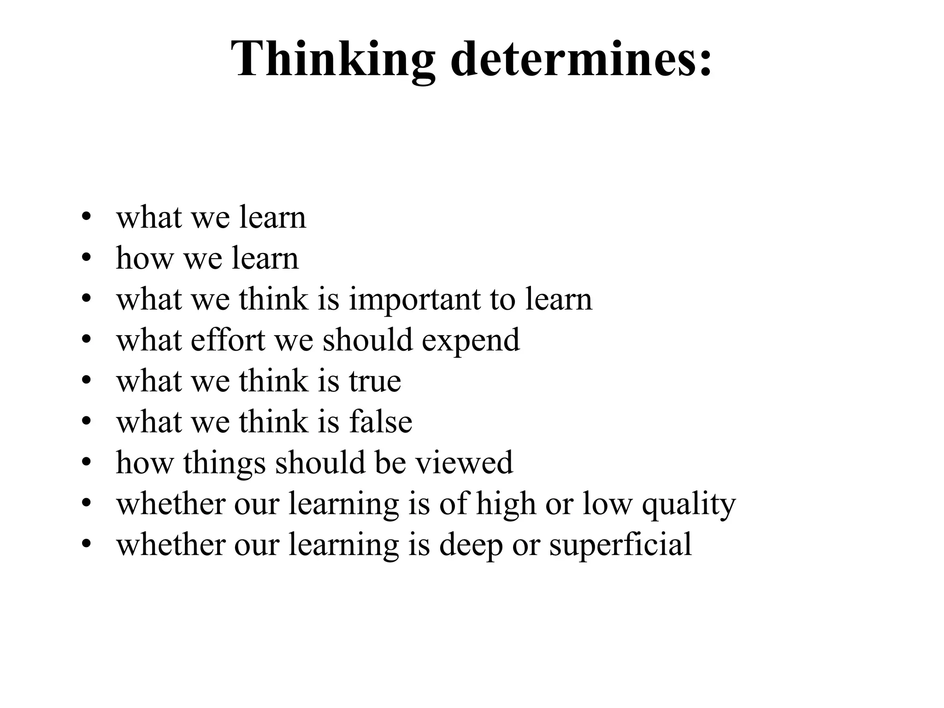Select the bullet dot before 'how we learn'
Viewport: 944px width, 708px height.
tap(85, 258)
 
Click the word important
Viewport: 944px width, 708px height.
tap(414, 300)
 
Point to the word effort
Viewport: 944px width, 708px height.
tap(228, 340)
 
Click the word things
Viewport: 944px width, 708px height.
tap(224, 463)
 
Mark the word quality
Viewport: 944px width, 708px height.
tap(689, 504)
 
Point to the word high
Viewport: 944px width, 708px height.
tap(506, 504)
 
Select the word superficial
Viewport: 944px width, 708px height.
tap(620, 545)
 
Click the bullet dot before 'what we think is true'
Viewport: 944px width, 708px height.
tap(85, 381)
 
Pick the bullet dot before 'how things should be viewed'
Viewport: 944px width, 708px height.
tap(85, 462)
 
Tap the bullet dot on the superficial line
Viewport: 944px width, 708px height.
tap(85, 544)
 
